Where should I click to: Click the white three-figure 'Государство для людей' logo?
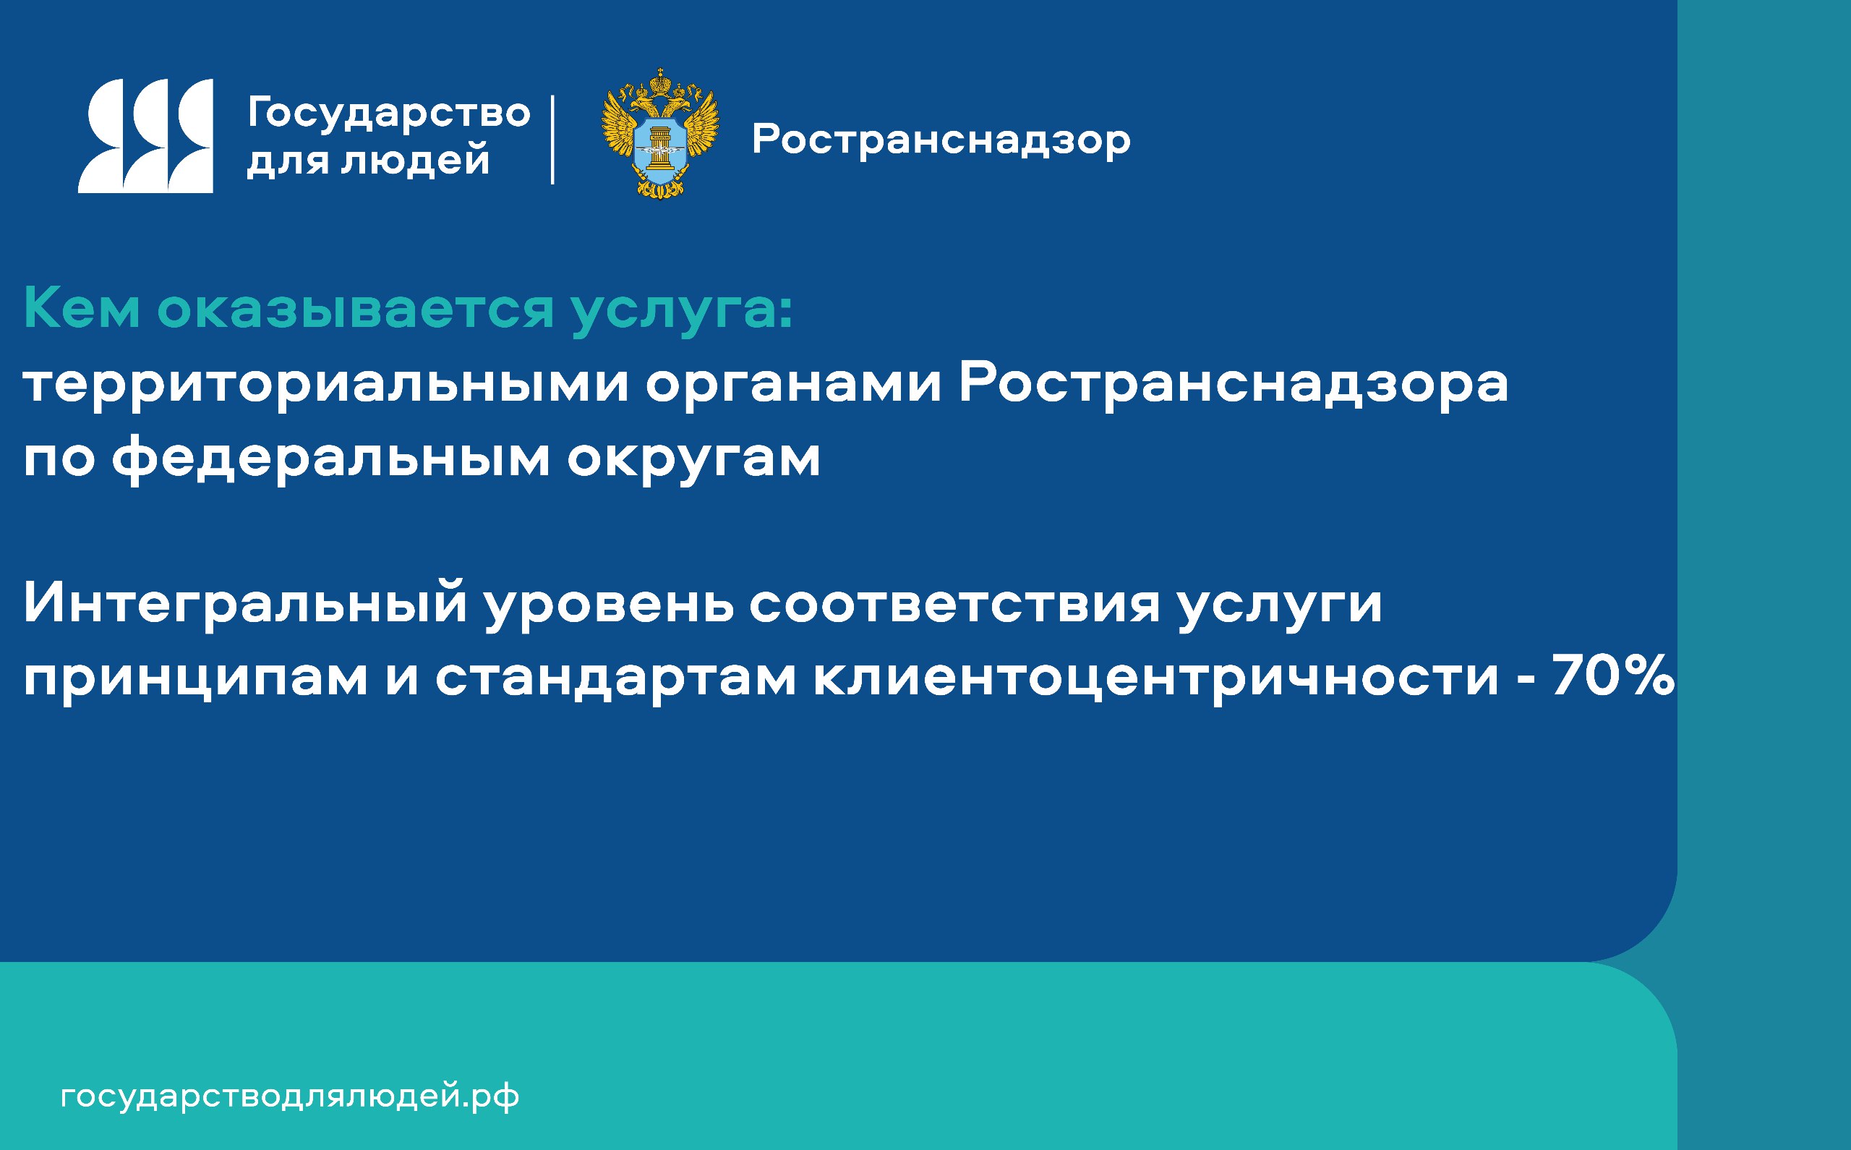pos(145,135)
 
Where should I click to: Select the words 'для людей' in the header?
pos(368,160)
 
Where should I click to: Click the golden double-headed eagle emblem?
pos(660,133)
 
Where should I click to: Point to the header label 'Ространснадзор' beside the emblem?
pos(941,142)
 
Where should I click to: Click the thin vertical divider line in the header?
pos(552,139)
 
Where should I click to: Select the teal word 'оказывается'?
pos(356,309)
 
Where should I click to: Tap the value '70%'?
pos(1613,676)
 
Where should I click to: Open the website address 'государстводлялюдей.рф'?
pos(290,1097)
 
